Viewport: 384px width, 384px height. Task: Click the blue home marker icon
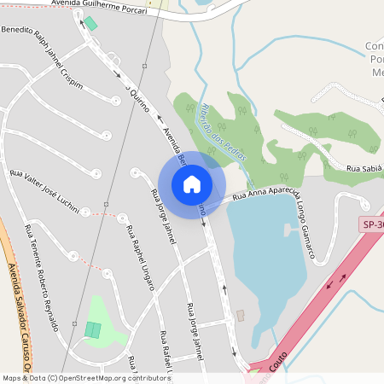point(191,183)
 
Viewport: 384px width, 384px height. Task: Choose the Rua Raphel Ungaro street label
point(139,257)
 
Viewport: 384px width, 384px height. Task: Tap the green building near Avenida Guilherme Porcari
point(91,23)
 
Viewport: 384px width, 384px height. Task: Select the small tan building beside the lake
point(241,315)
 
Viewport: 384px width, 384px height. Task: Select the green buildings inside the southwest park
point(92,329)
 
